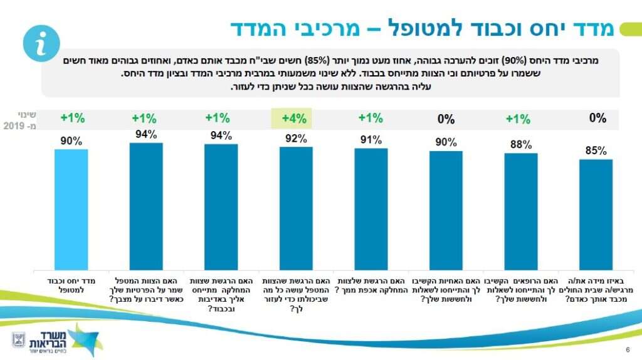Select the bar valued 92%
pyautogui.click(x=296, y=208)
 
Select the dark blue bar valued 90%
pyautogui.click(x=446, y=209)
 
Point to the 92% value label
pyautogui.click(x=296, y=139)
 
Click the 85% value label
pyautogui.click(x=596, y=151)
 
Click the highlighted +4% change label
pyautogui.click(x=292, y=117)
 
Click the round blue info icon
pyautogui.click(x=41, y=45)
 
